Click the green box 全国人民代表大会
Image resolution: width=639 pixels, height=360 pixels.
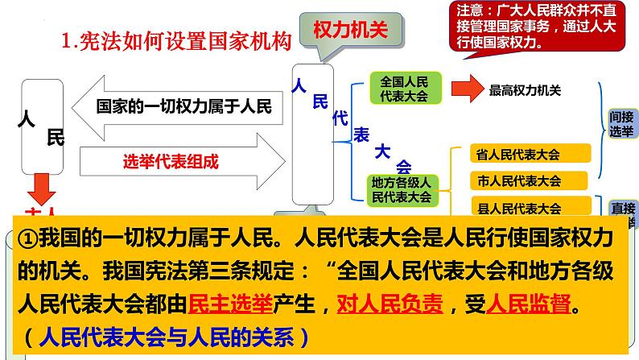point(404,89)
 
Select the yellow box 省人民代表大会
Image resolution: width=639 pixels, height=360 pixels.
point(530,154)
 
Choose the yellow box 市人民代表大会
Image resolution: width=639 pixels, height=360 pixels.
point(530,180)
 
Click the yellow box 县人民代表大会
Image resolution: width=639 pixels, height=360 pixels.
point(530,207)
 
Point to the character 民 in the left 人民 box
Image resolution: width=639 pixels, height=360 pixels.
point(56,138)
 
